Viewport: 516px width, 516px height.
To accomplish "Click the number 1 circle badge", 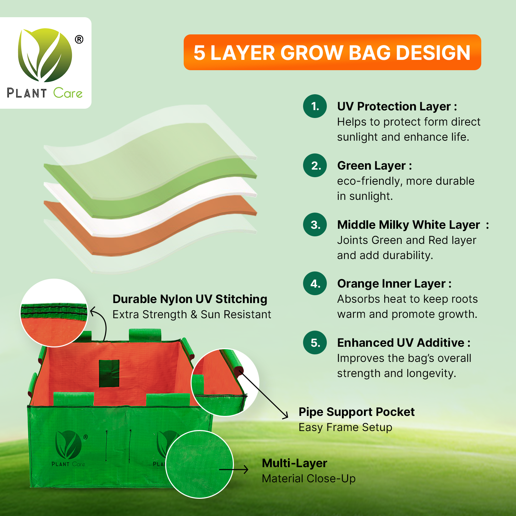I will tap(315, 106).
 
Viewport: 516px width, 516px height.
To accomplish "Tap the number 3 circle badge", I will tap(315, 225).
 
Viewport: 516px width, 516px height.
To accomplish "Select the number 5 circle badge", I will tap(315, 343).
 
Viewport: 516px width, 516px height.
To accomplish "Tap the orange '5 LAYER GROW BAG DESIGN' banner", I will tap(332, 53).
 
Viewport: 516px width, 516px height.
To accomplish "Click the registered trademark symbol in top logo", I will tap(79, 40).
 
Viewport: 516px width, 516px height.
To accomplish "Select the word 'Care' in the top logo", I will tap(68, 93).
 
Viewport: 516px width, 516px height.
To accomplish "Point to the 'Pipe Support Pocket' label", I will tap(356, 412).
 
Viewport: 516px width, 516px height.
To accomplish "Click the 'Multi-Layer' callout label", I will tap(294, 463).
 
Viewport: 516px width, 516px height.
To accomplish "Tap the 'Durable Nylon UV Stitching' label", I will tap(190, 299).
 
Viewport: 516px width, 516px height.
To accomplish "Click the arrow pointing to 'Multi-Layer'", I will tap(234, 469).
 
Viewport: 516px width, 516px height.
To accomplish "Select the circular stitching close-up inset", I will tap(54, 312).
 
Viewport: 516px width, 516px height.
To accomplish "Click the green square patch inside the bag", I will tap(109, 373).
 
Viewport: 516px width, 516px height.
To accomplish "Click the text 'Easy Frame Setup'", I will tap(345, 427).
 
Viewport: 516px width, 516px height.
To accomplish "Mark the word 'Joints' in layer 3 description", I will tap(352, 240).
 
